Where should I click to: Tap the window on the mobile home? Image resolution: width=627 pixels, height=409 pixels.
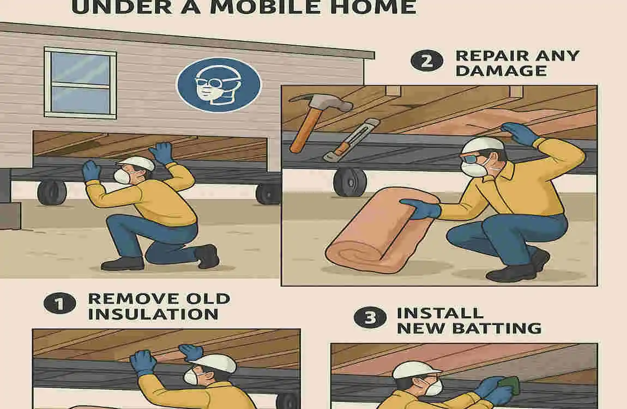coord(80,83)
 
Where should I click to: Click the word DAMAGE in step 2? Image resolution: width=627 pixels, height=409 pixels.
coord(493,71)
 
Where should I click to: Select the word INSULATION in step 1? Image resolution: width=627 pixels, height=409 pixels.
coord(153,315)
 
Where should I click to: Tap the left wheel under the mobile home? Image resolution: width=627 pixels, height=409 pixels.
coord(52,192)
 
